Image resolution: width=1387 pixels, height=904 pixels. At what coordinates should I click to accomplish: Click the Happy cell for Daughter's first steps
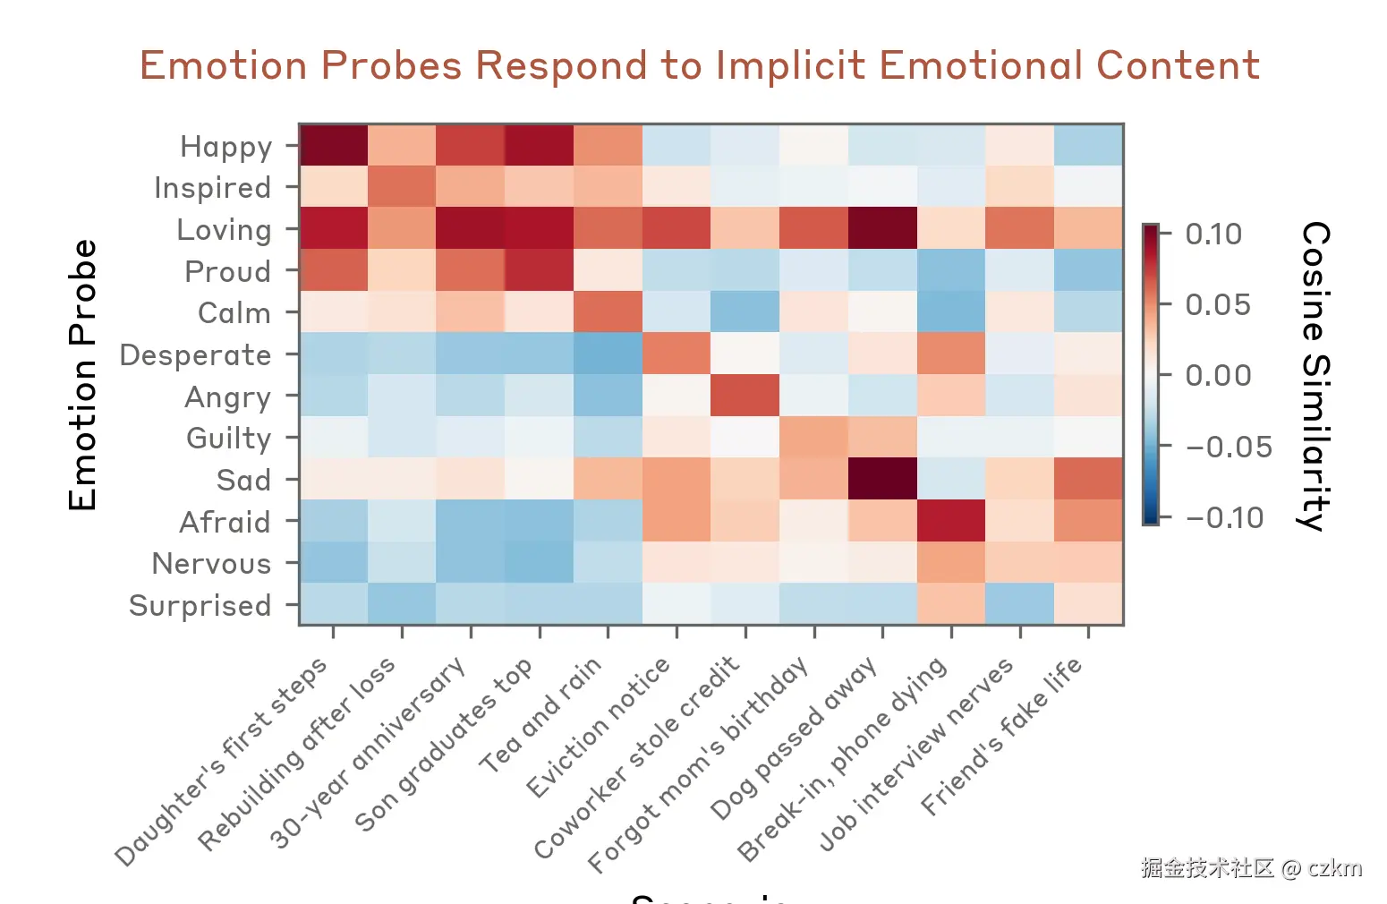point(334,145)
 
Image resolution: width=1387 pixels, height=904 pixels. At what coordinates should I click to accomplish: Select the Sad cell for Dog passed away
point(882,479)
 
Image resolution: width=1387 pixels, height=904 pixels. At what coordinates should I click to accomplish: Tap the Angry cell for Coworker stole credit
point(745,396)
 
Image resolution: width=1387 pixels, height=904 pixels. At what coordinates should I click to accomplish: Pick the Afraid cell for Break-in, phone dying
point(951,521)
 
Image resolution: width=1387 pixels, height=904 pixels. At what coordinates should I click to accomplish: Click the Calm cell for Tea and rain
point(608,312)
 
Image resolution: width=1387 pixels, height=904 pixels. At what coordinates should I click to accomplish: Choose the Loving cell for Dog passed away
point(882,228)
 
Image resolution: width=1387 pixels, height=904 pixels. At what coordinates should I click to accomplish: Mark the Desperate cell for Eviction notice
point(676,354)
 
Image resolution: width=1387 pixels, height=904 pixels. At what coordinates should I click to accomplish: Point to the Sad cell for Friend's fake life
point(1088,479)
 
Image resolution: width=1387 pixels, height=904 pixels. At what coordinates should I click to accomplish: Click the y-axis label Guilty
point(228,439)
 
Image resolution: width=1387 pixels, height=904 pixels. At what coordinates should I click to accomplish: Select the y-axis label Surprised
point(200,606)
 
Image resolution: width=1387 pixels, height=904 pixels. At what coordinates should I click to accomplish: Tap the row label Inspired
point(212,188)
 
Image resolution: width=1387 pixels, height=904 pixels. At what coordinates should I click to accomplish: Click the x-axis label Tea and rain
point(541,714)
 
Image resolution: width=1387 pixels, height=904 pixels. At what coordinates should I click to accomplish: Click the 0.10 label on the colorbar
point(1213,235)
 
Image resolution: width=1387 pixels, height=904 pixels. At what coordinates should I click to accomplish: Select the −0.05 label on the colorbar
point(1228,447)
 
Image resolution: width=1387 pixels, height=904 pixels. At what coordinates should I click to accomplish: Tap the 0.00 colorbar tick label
point(1218,376)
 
